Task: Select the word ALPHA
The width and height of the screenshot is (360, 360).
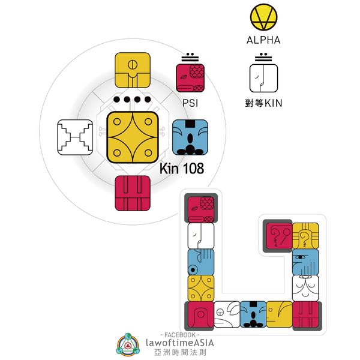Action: coord(263,41)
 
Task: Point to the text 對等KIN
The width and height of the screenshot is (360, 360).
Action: coord(264,103)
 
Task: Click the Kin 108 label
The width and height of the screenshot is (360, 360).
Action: coord(182,169)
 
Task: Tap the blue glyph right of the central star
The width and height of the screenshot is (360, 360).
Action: coord(190,137)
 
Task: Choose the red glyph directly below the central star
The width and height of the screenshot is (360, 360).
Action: coord(132,193)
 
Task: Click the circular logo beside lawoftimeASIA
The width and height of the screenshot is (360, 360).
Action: coord(130,344)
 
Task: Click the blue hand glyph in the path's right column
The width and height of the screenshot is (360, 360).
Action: coord(305,262)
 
